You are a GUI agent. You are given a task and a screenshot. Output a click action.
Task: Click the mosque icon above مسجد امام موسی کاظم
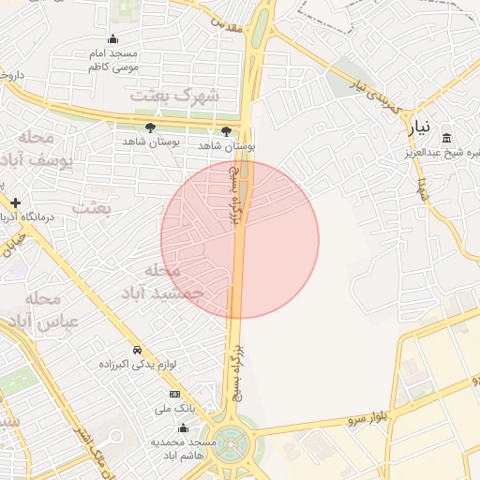113,38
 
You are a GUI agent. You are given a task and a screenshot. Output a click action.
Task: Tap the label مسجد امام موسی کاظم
113,61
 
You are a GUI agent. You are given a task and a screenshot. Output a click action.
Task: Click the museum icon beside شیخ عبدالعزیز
446,138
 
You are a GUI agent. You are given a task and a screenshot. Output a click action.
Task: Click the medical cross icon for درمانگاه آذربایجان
15,202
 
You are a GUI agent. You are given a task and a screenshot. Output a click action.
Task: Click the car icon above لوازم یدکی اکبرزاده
137,350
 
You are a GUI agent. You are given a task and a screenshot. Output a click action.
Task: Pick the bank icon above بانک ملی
174,395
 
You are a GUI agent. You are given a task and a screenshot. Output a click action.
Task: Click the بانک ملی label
174,409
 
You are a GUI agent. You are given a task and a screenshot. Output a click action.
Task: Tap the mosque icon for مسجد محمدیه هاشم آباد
213,427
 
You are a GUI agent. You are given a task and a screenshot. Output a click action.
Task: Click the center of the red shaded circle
240,240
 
